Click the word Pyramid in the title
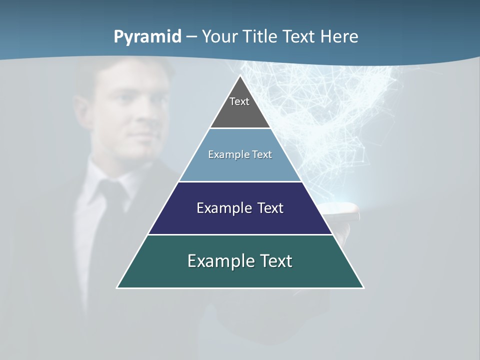(147, 37)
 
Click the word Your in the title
(220, 36)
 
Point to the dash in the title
(191, 37)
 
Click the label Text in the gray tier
(239, 101)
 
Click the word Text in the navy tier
(269, 208)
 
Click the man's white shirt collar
(100, 175)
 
